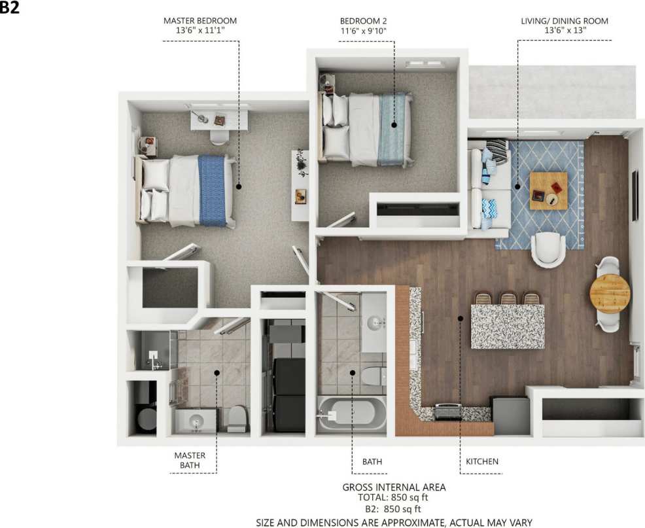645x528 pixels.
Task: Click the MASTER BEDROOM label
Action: coord(200,21)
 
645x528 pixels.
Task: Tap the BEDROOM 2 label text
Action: coord(368,21)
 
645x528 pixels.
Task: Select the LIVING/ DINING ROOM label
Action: coord(565,21)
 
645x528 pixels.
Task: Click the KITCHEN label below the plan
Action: coord(482,461)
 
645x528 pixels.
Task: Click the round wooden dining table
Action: coord(610,294)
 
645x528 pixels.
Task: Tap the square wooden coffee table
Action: coord(548,190)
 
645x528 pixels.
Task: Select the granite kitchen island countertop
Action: coord(507,326)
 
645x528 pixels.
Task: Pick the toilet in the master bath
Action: coord(237,419)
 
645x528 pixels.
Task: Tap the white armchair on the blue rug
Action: coord(548,249)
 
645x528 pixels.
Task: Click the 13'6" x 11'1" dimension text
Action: coord(200,31)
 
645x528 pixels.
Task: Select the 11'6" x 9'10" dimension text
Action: coord(368,31)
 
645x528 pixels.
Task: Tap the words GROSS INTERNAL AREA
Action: coord(394,487)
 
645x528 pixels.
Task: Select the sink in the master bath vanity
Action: coord(196,423)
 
